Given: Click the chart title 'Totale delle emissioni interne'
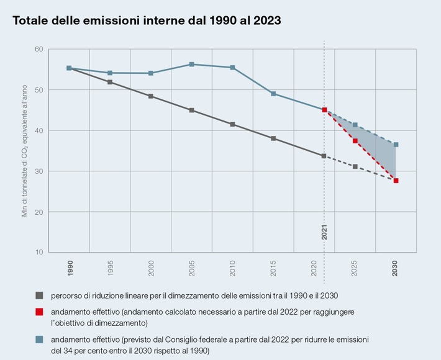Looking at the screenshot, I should pos(147,20).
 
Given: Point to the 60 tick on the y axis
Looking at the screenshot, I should pos(39,49).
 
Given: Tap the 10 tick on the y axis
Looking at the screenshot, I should pos(39,252).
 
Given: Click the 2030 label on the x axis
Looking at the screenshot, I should pos(396,268).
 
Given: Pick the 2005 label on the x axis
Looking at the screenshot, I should pos(191,268).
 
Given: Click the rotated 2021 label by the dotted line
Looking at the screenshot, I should pos(324,232).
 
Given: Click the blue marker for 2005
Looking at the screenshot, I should pos(191,64).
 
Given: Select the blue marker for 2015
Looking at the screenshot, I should pos(273,94).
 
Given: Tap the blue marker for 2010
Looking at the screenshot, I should pos(232,67).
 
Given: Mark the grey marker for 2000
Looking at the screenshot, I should pos(151,96).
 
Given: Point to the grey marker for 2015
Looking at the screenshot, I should pos(273,138).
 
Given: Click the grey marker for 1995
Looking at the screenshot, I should pos(110,82).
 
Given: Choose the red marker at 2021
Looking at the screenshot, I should pos(324,110).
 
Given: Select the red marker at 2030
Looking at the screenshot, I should pos(396,181).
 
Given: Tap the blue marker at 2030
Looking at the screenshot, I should pos(396,145).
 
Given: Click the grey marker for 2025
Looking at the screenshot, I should pos(355,166).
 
